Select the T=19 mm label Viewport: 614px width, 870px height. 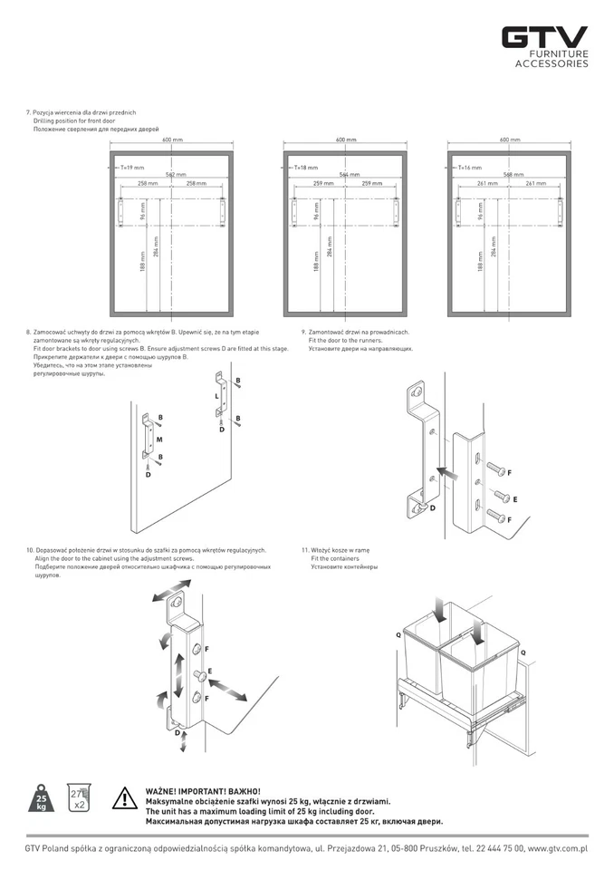pos(132,168)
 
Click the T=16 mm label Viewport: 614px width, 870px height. pos(470,168)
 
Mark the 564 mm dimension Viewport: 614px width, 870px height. pos(349,174)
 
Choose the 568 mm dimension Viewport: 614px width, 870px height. pos(513,174)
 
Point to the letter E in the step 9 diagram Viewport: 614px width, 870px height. pos(515,499)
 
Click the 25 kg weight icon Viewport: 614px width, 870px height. pos(42,800)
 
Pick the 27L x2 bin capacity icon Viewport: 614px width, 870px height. pos(79,799)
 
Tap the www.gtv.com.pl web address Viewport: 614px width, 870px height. pos(557,848)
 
